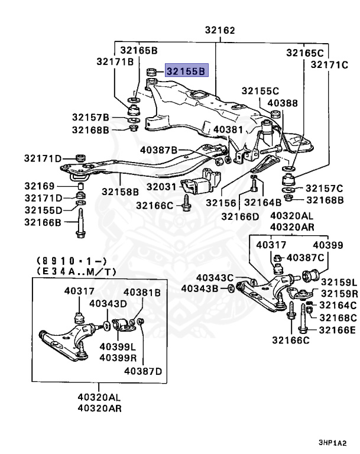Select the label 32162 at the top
220,30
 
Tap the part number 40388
282,102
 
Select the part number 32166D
240,216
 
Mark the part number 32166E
338,329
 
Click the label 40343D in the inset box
108,304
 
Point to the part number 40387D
142,371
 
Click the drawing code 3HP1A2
331,443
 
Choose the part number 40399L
117,346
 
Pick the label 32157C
324,188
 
